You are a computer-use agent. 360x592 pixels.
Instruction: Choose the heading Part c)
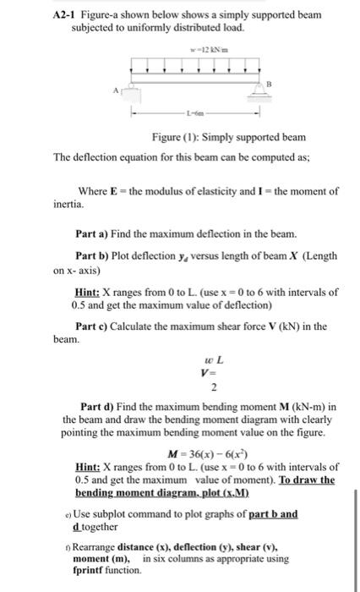96,327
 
